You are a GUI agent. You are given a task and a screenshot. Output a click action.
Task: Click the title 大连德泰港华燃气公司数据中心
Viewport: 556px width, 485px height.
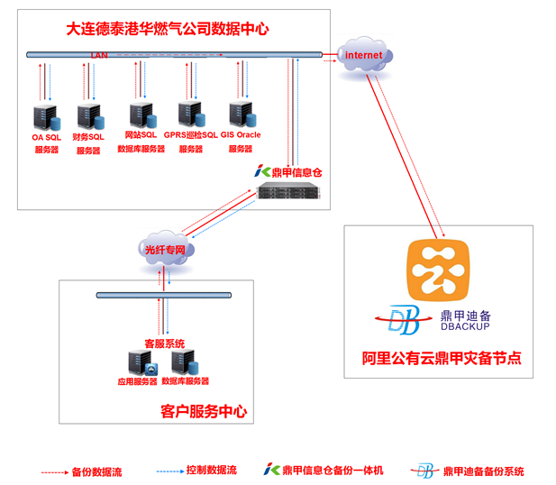tap(168, 30)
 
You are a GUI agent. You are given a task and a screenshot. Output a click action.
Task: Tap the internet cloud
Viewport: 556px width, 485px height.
tap(364, 56)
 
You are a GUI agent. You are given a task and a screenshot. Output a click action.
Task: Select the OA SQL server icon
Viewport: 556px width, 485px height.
tap(42, 116)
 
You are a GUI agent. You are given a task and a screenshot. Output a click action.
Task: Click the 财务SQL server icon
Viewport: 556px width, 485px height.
tap(88, 116)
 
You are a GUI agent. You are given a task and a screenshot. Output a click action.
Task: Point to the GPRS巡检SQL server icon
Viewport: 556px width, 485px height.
tap(189, 114)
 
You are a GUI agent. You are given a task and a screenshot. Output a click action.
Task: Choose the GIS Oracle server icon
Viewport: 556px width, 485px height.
tap(240, 114)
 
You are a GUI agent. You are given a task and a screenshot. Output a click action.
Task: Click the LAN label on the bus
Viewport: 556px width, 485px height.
tap(98, 56)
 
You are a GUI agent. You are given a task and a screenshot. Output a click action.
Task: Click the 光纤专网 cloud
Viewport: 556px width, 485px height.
tap(168, 249)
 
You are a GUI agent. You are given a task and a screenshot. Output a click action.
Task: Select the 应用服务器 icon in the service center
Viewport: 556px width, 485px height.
tap(139, 362)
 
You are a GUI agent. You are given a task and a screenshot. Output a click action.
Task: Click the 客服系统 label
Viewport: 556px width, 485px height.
tap(164, 343)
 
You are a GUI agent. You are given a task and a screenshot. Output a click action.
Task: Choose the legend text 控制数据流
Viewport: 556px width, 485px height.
tap(210, 470)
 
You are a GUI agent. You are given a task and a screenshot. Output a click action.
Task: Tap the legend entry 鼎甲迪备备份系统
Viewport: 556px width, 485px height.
tap(483, 471)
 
